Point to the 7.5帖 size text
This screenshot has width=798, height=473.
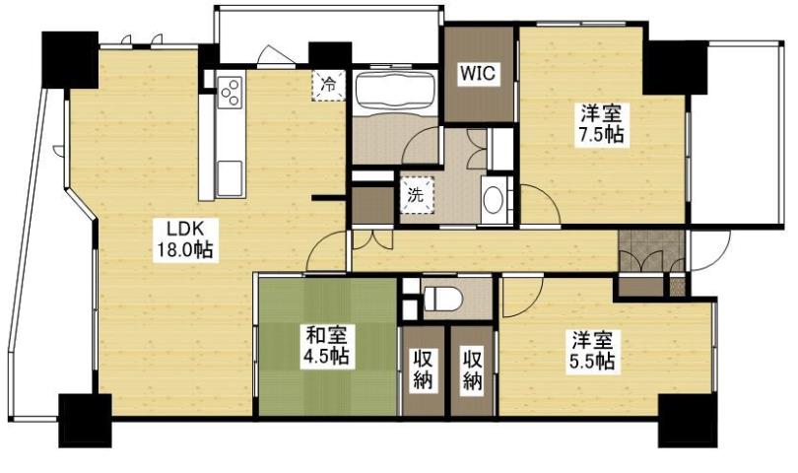pyautogui.click(x=600, y=136)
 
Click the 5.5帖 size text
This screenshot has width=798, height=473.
pyautogui.click(x=593, y=362)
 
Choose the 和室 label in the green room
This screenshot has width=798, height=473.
pyautogui.click(x=325, y=336)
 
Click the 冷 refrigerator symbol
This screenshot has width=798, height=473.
pyautogui.click(x=328, y=85)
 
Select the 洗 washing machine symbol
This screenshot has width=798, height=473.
pyautogui.click(x=416, y=194)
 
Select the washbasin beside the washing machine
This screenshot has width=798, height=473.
pyautogui.click(x=493, y=200)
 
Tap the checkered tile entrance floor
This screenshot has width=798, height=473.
pyautogui.click(x=651, y=252)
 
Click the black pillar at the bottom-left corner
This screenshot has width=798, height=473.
pyautogui.click(x=86, y=418)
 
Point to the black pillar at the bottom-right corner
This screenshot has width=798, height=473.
pyautogui.click(x=687, y=418)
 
